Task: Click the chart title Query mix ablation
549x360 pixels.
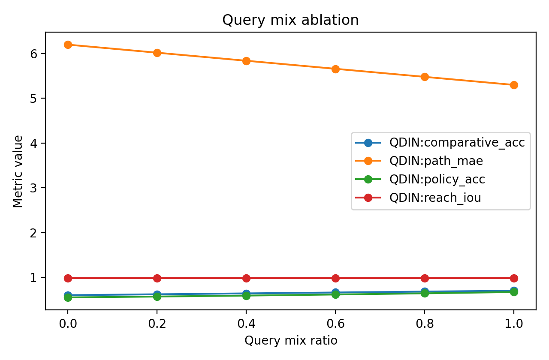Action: tap(290, 20)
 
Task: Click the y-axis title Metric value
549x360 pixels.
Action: tap(18, 171)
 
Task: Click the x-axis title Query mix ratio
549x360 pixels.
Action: tap(291, 341)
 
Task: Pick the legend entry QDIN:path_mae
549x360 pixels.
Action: tap(436, 161)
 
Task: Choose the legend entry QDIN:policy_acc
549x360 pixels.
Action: tap(437, 179)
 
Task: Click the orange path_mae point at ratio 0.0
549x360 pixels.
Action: tap(68, 45)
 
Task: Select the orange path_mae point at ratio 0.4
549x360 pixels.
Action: tap(246, 61)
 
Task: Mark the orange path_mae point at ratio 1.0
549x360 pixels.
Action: tap(514, 85)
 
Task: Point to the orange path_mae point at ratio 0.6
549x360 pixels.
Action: tap(335, 69)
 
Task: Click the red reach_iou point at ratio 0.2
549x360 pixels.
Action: tap(157, 278)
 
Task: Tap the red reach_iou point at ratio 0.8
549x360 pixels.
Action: tap(425, 278)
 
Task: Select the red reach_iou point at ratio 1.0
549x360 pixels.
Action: tap(514, 278)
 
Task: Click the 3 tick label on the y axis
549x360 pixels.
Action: tap(38, 188)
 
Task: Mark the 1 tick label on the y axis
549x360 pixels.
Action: tap(38, 278)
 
